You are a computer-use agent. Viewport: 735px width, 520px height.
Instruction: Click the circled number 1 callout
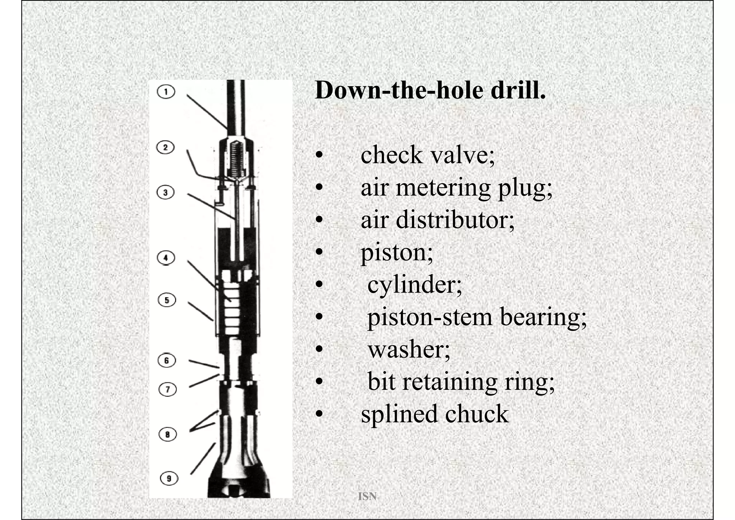tap(166, 92)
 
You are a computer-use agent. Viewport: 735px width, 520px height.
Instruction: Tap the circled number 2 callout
tap(165, 147)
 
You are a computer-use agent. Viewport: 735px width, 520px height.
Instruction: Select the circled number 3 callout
tap(165, 192)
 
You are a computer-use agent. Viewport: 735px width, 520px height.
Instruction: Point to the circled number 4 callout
tap(166, 258)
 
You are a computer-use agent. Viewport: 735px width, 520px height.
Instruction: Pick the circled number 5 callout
tap(167, 300)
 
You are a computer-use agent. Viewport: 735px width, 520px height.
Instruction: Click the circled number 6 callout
tap(167, 360)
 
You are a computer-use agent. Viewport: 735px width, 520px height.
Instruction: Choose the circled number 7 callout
tap(168, 389)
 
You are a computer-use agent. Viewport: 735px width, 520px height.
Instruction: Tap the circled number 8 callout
tap(168, 434)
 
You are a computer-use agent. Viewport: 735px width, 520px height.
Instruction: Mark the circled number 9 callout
tap(169, 478)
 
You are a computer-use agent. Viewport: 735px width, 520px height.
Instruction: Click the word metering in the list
tap(443, 188)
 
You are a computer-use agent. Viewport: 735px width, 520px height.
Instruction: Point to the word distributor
tap(455, 220)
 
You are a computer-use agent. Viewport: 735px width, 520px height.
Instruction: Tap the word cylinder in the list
tap(415, 285)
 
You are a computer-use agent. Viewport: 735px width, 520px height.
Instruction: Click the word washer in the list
tap(408, 349)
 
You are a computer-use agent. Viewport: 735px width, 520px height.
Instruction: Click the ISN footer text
tap(367, 496)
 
